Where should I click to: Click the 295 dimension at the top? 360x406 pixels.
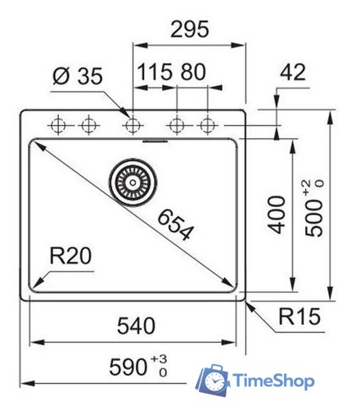[190, 29]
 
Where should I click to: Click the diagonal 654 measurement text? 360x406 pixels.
[174, 224]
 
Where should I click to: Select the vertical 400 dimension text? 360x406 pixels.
[279, 214]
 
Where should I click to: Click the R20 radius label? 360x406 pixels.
[70, 257]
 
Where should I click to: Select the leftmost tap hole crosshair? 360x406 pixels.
[59, 125]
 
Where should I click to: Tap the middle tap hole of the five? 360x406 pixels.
[133, 125]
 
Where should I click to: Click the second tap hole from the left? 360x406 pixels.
[87, 125]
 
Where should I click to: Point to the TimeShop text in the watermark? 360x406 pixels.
[272, 381]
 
